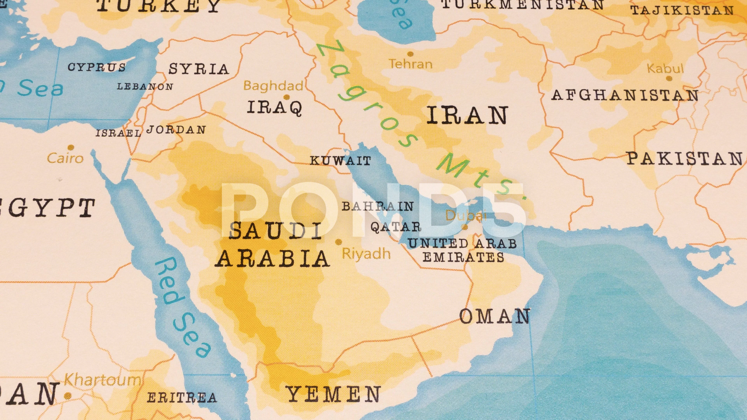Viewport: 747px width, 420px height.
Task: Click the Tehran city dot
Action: point(410,54)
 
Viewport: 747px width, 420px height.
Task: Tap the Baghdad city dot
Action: point(287,97)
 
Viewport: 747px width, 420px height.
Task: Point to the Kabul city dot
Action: point(669,78)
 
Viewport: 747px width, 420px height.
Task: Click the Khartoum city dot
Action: point(68,395)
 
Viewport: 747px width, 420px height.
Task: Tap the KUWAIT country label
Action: point(340,161)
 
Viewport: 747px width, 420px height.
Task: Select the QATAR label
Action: point(395,227)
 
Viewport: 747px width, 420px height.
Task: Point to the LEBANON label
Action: point(145,86)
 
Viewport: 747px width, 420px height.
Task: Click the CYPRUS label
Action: point(96,67)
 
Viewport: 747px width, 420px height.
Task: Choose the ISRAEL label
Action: point(118,133)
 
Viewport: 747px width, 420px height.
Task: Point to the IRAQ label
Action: point(274,108)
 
